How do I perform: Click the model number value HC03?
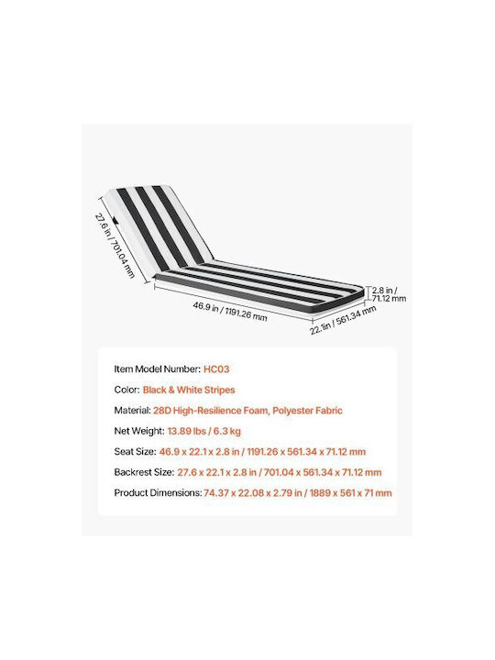point(216,369)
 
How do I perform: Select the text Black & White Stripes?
point(189,390)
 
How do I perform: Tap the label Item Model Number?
point(158,369)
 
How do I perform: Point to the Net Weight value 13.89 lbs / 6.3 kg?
point(204,431)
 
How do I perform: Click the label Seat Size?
point(135,452)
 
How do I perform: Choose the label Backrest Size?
point(144,472)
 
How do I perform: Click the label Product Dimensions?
point(158,493)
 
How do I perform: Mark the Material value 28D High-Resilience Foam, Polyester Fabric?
point(247,411)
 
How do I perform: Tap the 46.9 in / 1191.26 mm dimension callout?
point(230,312)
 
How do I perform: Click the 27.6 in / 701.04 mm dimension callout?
point(115,246)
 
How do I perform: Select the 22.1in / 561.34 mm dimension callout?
point(343,320)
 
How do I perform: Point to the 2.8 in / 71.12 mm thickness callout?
point(389,294)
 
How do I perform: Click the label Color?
point(126,390)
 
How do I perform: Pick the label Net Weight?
point(139,431)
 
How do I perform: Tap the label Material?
point(132,411)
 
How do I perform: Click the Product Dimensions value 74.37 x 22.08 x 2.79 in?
point(253,493)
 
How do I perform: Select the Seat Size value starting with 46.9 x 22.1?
point(262,452)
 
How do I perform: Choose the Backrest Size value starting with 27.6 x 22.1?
point(279,472)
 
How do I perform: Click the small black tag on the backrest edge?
point(115,220)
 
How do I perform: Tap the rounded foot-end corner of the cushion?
point(359,293)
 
